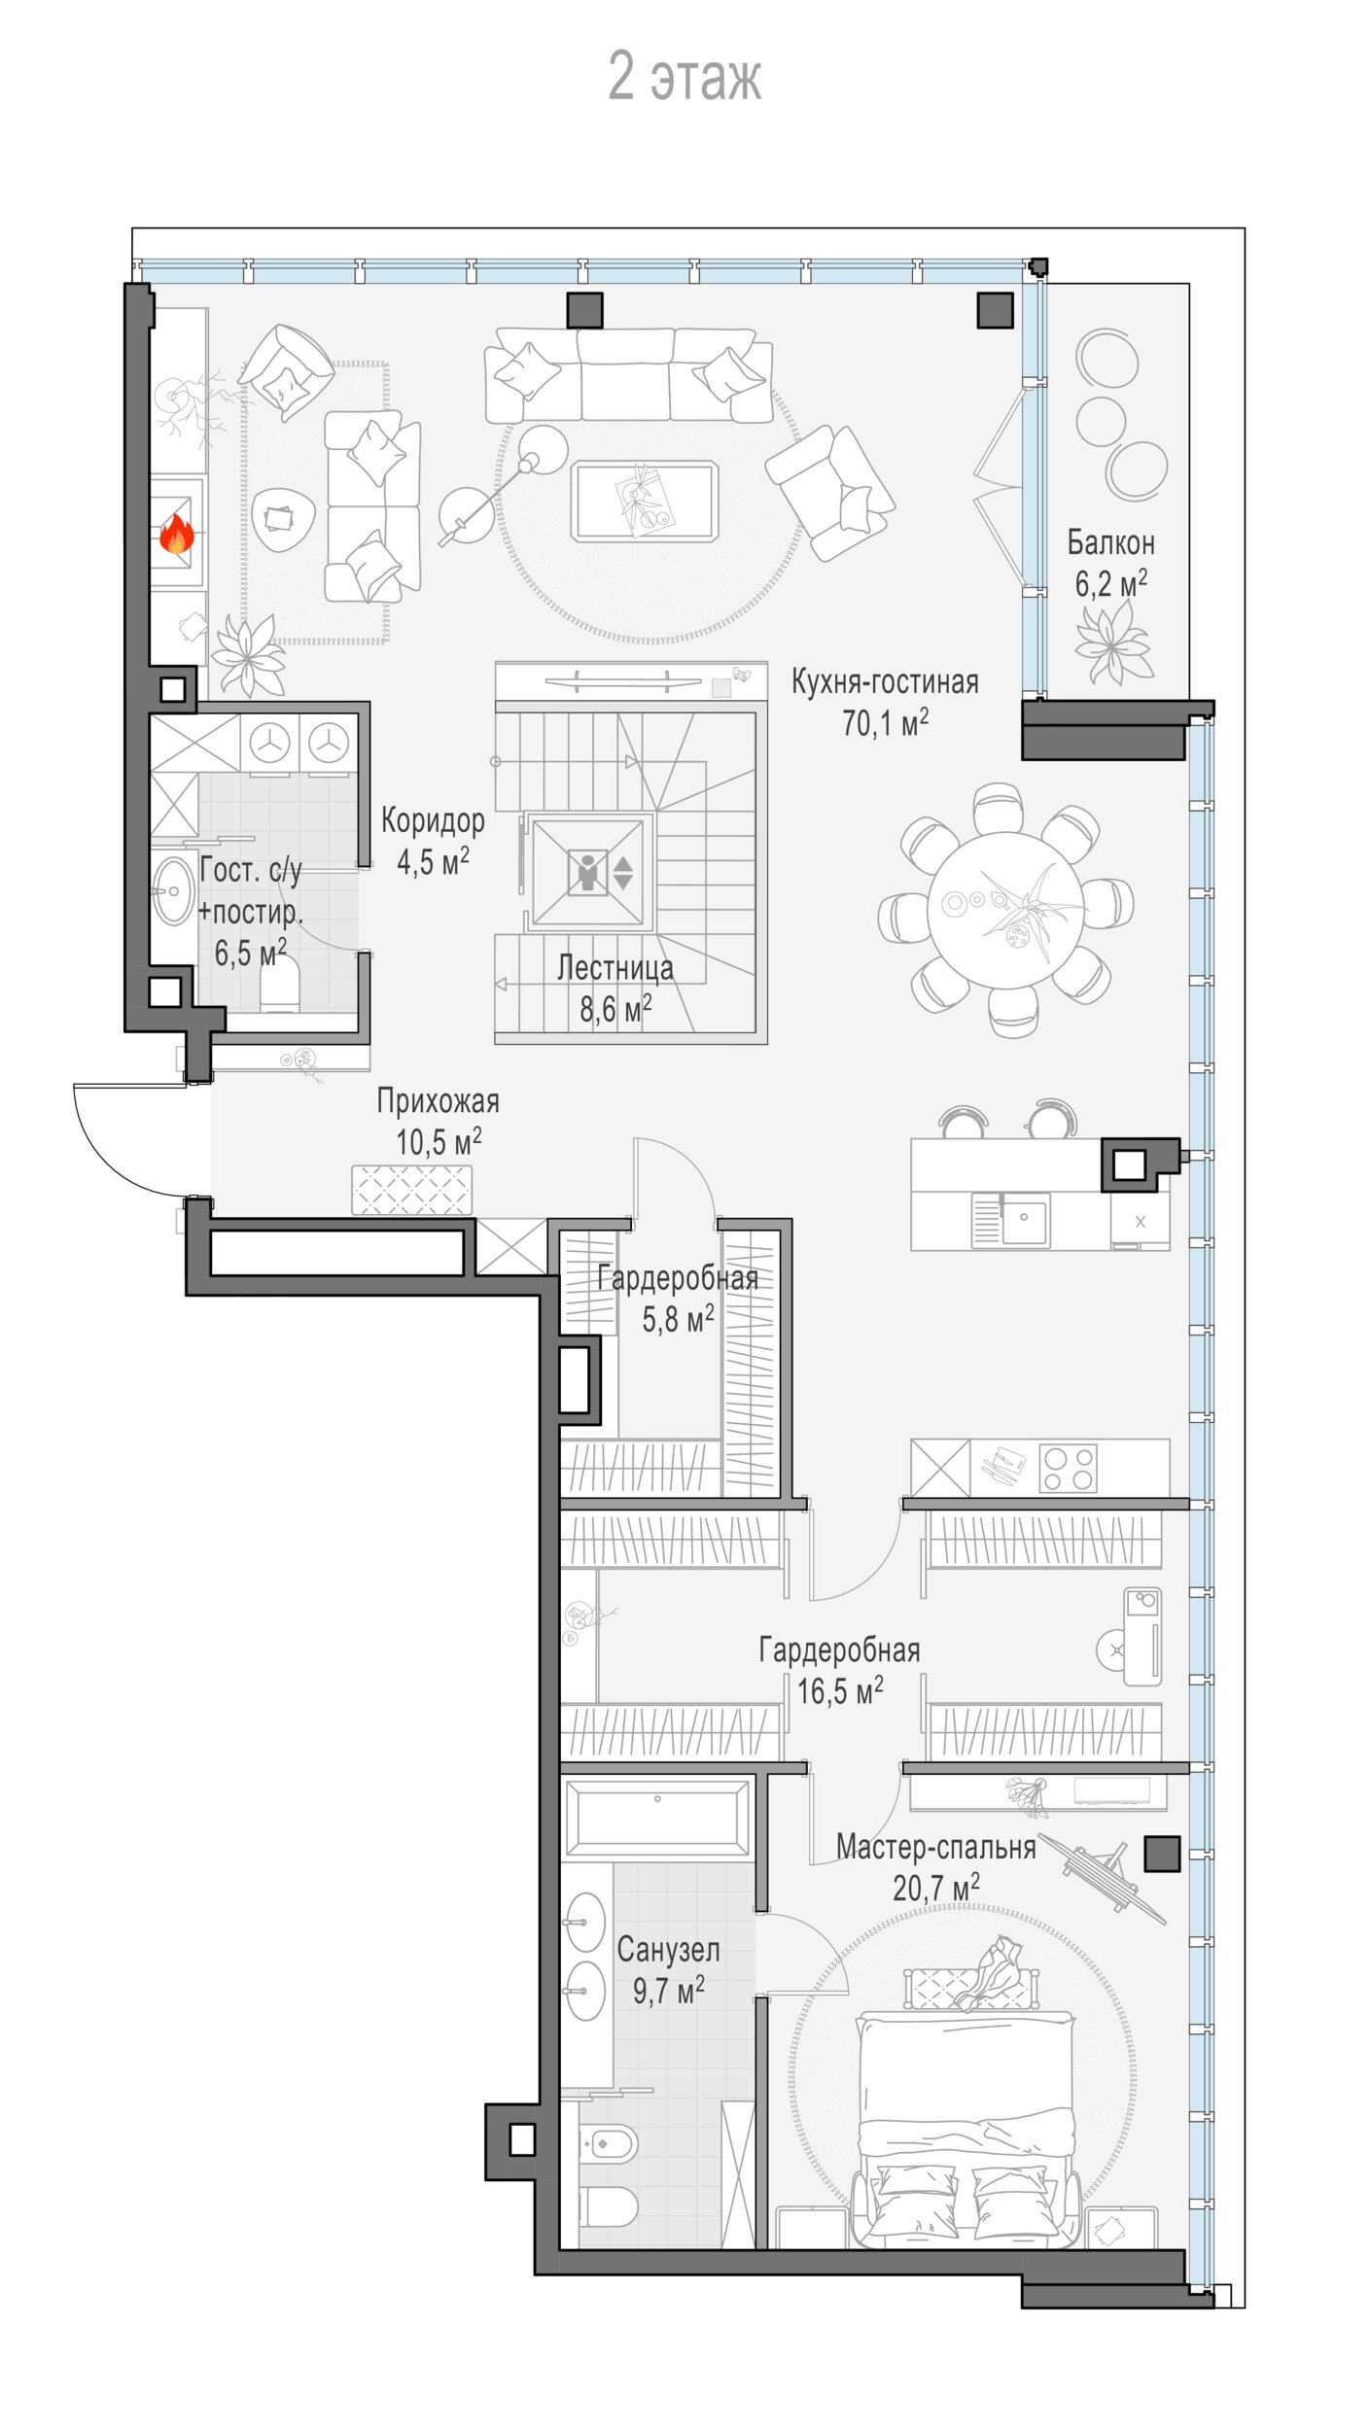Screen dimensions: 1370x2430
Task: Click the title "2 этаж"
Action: [x=685, y=77]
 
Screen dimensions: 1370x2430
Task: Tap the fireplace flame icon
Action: [x=176, y=534]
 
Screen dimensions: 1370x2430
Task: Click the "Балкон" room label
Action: [x=1110, y=542]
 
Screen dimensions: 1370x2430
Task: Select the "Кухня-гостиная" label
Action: [x=885, y=682]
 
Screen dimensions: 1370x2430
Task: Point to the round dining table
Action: [x=1005, y=910]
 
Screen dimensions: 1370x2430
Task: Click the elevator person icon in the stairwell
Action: [x=587, y=872]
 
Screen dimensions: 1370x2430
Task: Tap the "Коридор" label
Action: [x=433, y=821]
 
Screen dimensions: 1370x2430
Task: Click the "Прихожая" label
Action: [x=439, y=1101]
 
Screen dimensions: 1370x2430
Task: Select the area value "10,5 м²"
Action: [x=439, y=1142]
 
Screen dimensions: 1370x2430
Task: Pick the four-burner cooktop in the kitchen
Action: [x=1069, y=1468]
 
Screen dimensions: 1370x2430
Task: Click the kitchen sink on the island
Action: [x=1026, y=1220]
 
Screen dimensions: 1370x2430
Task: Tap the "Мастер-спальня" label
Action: [x=936, y=1847]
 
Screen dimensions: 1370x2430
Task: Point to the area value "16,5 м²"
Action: [x=840, y=1691]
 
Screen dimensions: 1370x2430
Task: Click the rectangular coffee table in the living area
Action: [x=646, y=501]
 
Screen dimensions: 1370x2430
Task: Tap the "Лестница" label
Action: [x=615, y=968]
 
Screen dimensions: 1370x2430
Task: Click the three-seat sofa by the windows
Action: [x=629, y=374]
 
